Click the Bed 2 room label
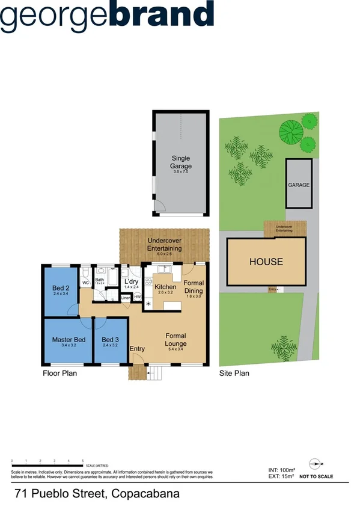click(61, 287)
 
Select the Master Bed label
click(68, 339)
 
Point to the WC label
click(85, 283)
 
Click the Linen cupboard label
click(126, 298)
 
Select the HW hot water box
click(137, 298)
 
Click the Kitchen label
click(165, 287)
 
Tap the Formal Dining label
click(194, 286)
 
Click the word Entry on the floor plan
click(137, 349)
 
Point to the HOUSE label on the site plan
click(266, 262)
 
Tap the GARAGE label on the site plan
click(299, 185)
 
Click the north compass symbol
click(317, 463)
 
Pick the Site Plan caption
click(234, 373)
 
